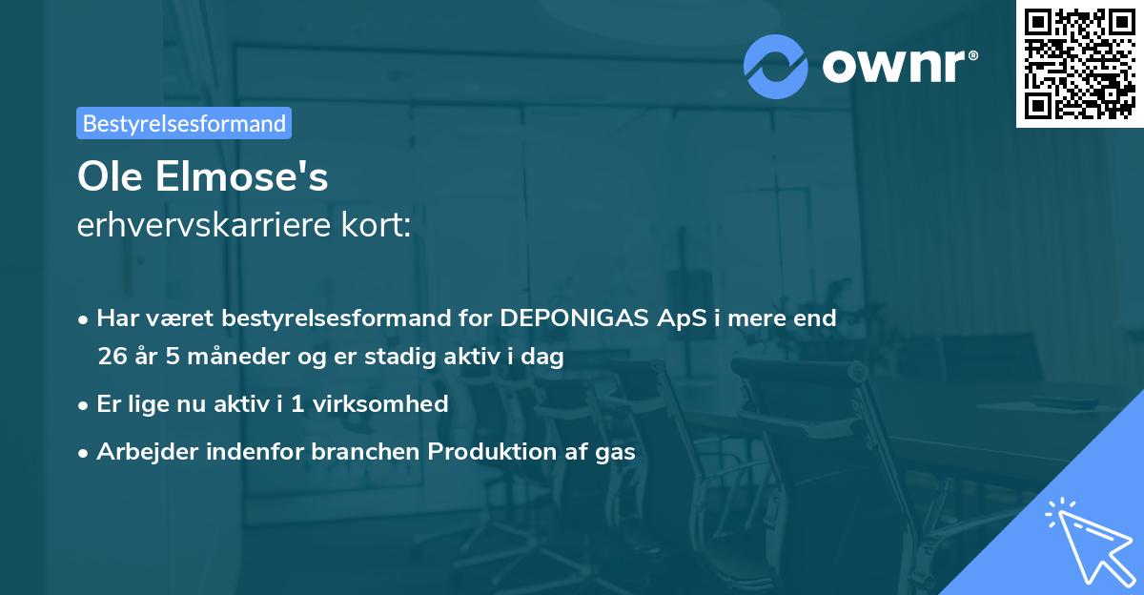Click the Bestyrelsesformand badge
coord(184,123)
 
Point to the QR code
coord(1079,63)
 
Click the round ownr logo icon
coord(776,66)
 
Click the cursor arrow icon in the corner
coord(1089,540)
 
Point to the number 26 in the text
coord(111,358)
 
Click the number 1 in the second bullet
coord(297,403)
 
